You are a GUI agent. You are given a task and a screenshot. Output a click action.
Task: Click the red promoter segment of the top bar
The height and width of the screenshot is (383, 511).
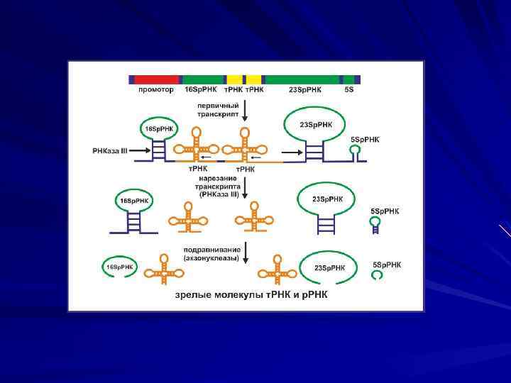coord(156,79)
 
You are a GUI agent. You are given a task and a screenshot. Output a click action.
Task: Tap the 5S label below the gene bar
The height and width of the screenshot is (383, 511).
coord(348,89)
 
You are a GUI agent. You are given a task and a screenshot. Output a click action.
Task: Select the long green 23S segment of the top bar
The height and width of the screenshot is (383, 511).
coord(301,79)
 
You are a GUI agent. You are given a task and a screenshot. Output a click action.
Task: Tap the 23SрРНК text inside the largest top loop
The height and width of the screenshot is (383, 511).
coord(315,125)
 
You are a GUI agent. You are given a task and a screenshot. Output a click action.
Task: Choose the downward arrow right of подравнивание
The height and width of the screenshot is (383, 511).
coord(244,253)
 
